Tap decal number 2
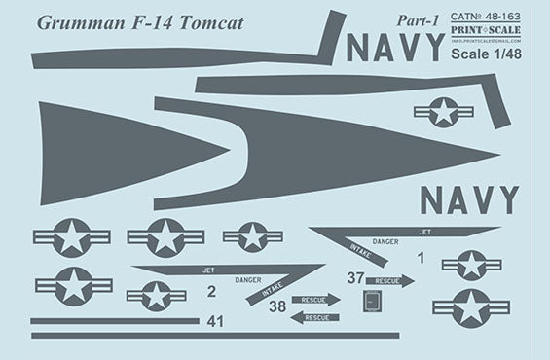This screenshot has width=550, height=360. tap(211, 290)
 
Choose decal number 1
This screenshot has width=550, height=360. tap(421, 258)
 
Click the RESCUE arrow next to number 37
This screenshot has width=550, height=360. tap(389, 281)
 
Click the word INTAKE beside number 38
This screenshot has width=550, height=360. tap(273, 290)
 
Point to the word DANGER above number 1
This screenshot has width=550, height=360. tap(385, 240)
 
